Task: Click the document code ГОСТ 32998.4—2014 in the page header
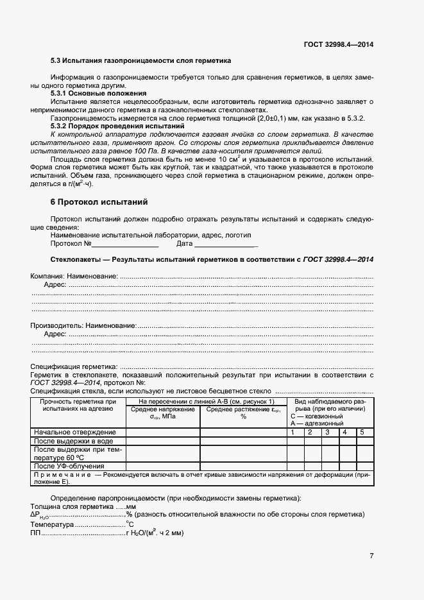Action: tap(338, 44)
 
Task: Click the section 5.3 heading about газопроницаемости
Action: tap(140, 60)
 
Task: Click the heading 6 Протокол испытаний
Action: tap(99, 202)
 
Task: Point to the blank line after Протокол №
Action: tap(126, 244)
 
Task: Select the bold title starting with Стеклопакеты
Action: tap(212, 259)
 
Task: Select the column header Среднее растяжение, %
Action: tap(243, 413)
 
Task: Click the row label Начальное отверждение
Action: tap(75, 433)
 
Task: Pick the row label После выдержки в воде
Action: tap(74, 441)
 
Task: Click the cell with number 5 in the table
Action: tap(362, 433)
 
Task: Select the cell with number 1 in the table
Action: tap(293, 433)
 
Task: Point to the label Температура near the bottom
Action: tap(52, 524)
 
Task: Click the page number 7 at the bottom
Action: tap(371, 556)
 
